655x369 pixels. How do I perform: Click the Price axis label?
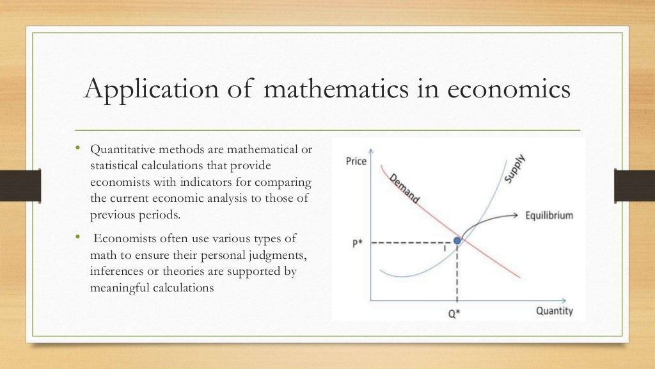356,161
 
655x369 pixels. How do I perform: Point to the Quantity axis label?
554,311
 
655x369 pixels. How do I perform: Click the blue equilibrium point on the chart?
457,241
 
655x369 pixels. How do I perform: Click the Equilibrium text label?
549,215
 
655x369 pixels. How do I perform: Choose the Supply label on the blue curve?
514,168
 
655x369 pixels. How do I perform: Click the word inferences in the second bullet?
115,272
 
